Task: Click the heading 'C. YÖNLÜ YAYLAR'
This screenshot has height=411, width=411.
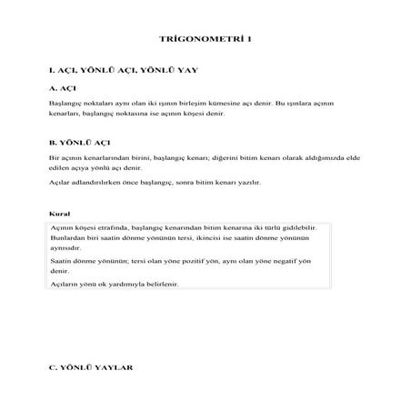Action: pyautogui.click(x=91, y=370)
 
